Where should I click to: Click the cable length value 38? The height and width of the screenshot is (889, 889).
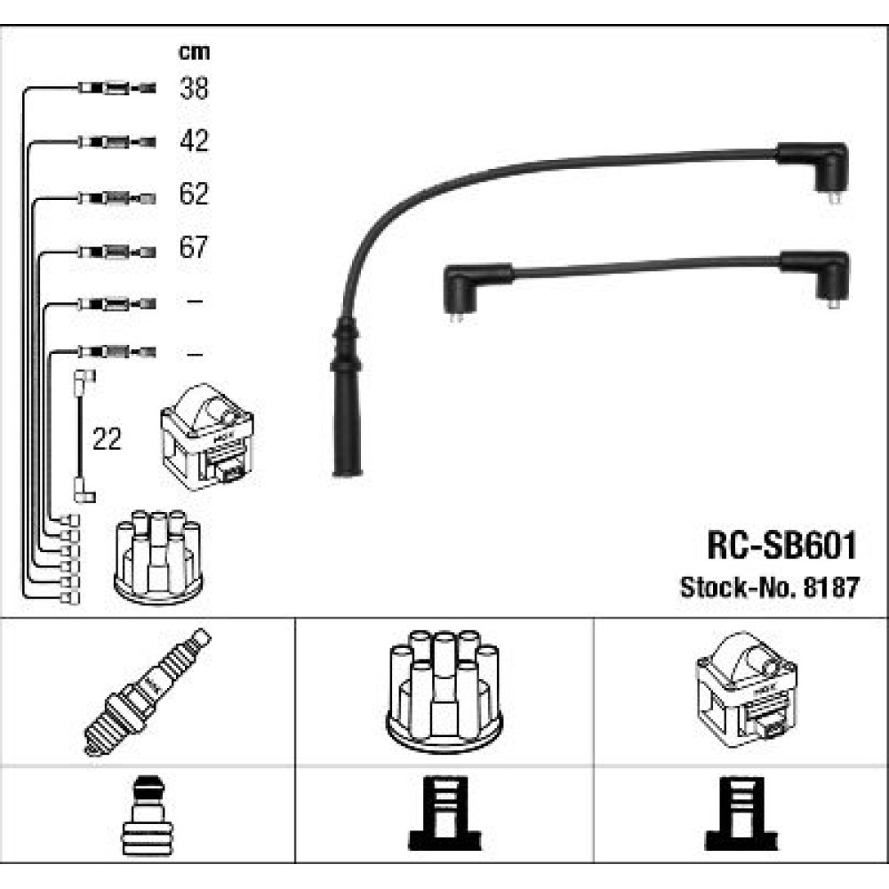pos(194,88)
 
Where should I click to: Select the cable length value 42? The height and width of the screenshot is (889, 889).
pos(194,140)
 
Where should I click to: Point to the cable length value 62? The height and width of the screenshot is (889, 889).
pos(194,194)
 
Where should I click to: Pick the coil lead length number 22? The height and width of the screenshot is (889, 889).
pos(107,439)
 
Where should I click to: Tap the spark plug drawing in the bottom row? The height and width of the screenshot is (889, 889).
pos(148,690)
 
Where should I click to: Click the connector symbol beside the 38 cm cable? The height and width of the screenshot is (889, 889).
pos(116,88)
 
